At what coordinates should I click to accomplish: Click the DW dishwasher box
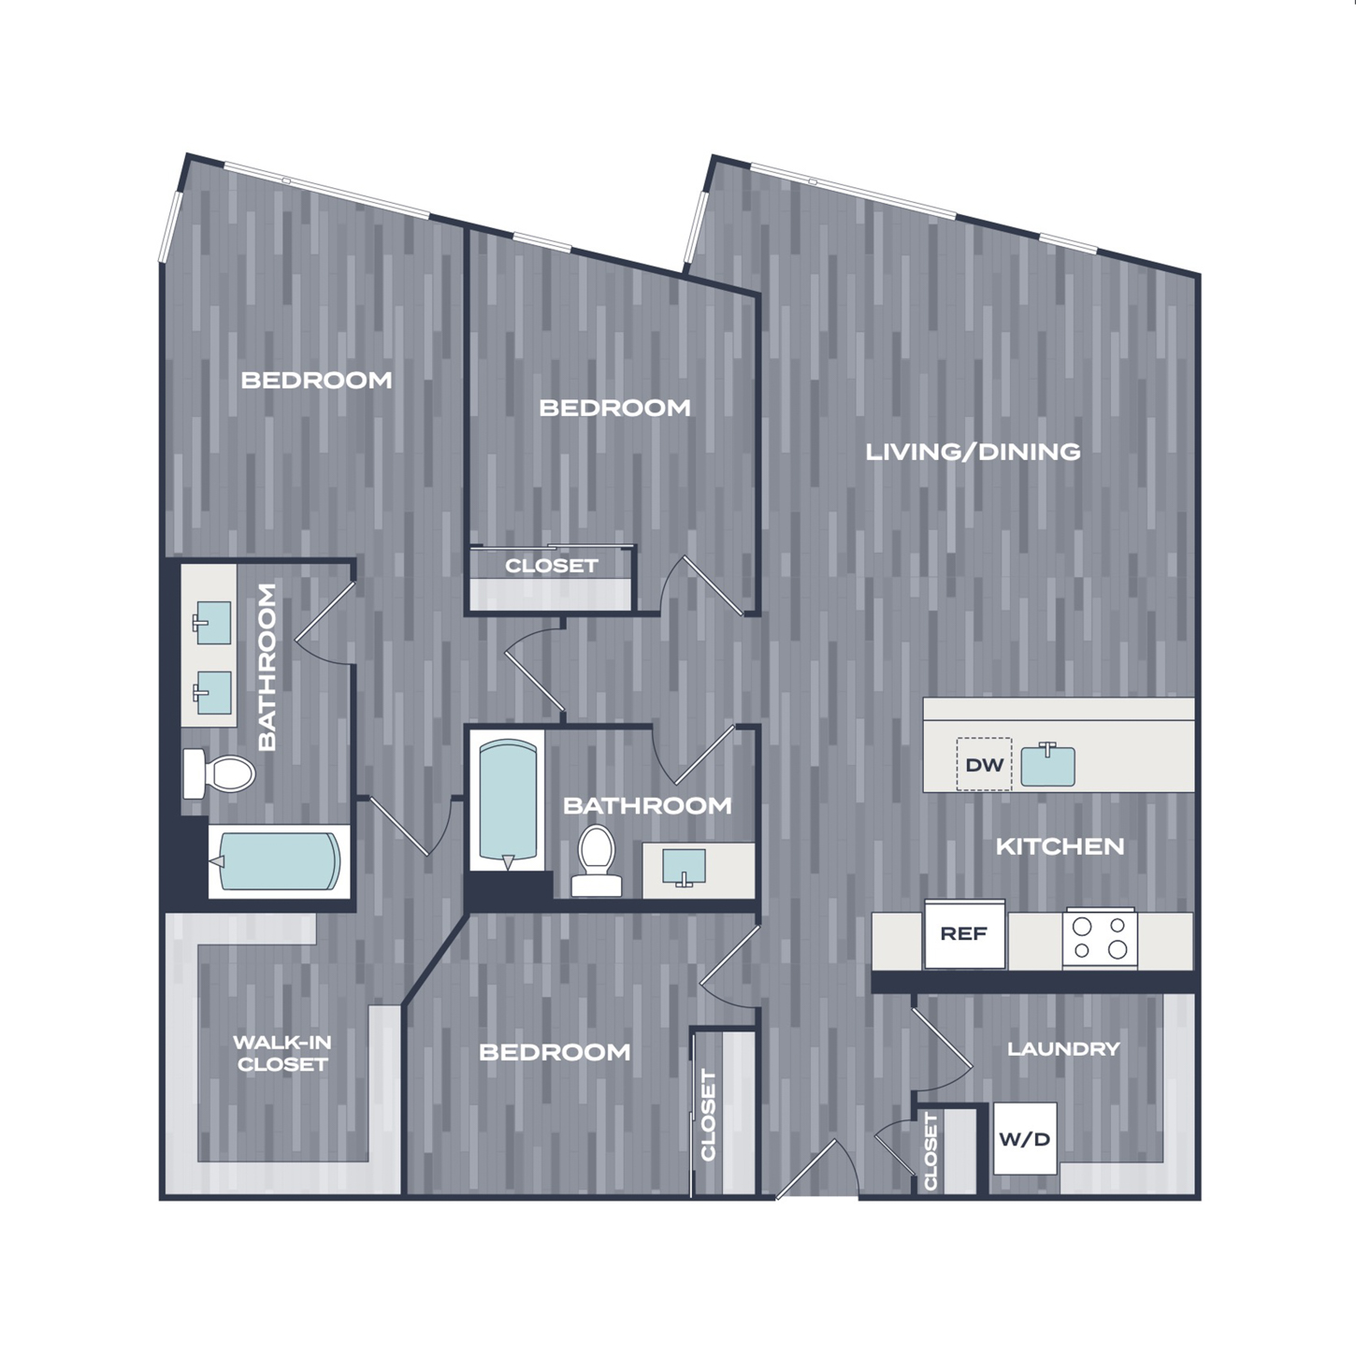click(984, 764)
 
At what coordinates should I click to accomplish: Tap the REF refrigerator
click(964, 934)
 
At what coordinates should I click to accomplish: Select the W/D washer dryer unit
click(1025, 1138)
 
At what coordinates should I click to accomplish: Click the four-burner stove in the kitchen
click(1100, 938)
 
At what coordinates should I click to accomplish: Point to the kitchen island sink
click(1047, 765)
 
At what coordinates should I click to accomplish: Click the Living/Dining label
click(973, 452)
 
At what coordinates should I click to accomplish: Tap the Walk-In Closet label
click(282, 1053)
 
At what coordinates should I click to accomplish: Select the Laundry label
click(1063, 1049)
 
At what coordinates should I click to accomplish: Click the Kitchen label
click(1060, 846)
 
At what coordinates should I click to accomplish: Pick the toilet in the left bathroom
click(218, 773)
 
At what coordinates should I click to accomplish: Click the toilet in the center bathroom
click(596, 860)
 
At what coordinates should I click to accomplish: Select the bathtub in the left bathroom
click(280, 861)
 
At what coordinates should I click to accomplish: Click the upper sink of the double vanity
click(211, 623)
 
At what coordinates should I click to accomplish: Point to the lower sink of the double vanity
click(211, 692)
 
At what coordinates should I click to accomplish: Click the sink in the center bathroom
click(684, 868)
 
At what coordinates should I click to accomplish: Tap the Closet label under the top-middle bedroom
click(552, 566)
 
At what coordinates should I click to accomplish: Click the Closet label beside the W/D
click(930, 1151)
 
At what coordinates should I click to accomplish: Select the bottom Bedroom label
click(555, 1053)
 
